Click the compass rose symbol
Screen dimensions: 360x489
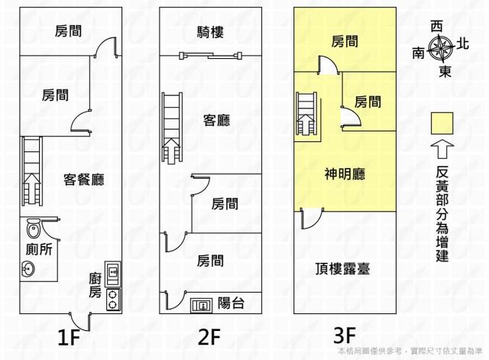pos(442,49)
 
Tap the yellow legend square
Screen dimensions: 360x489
pos(442,122)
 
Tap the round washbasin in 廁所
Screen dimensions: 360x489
pos(28,268)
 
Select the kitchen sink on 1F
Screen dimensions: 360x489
pos(112,271)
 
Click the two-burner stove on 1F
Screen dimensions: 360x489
pos(112,298)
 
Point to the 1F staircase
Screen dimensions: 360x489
pos(32,172)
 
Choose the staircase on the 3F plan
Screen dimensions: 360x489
pos(306,112)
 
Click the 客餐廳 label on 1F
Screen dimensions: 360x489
pos(84,180)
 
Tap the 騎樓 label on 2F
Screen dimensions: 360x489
pos(209,31)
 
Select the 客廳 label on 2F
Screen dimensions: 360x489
pos(215,120)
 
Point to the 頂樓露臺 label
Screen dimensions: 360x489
pos(343,268)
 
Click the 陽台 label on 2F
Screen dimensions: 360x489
pos(231,303)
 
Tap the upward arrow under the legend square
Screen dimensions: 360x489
pos(442,150)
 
